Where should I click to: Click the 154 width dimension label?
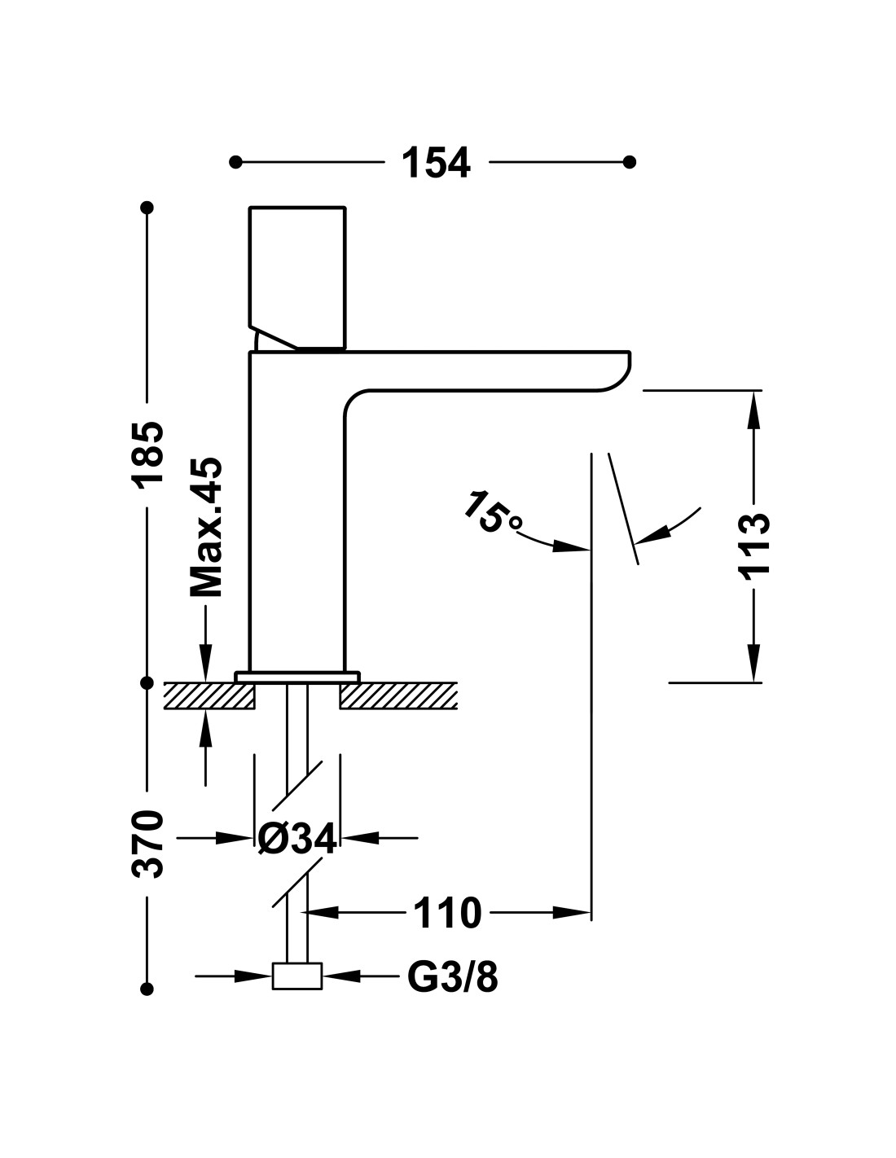coord(436,163)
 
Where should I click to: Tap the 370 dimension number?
coord(147,844)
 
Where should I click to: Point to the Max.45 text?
coord(206,527)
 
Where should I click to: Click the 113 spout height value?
coord(753,543)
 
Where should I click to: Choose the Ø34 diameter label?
coord(296,838)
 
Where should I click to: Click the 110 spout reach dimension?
coord(447,913)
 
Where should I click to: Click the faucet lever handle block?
coord(297,279)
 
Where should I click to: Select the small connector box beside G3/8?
coord(297,976)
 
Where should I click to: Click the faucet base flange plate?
coord(297,677)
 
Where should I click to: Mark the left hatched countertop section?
coord(209,695)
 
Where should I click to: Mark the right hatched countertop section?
coord(398,695)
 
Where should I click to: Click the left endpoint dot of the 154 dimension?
coord(235,162)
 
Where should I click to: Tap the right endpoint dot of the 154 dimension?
coord(630,162)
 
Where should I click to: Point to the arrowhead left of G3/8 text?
coord(253,976)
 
